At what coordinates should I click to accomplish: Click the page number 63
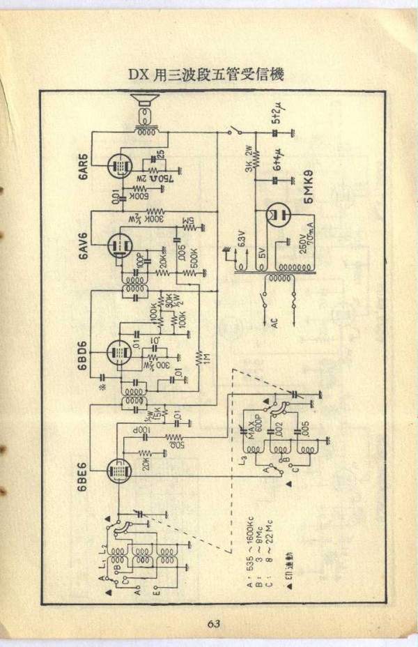[x=213, y=623]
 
